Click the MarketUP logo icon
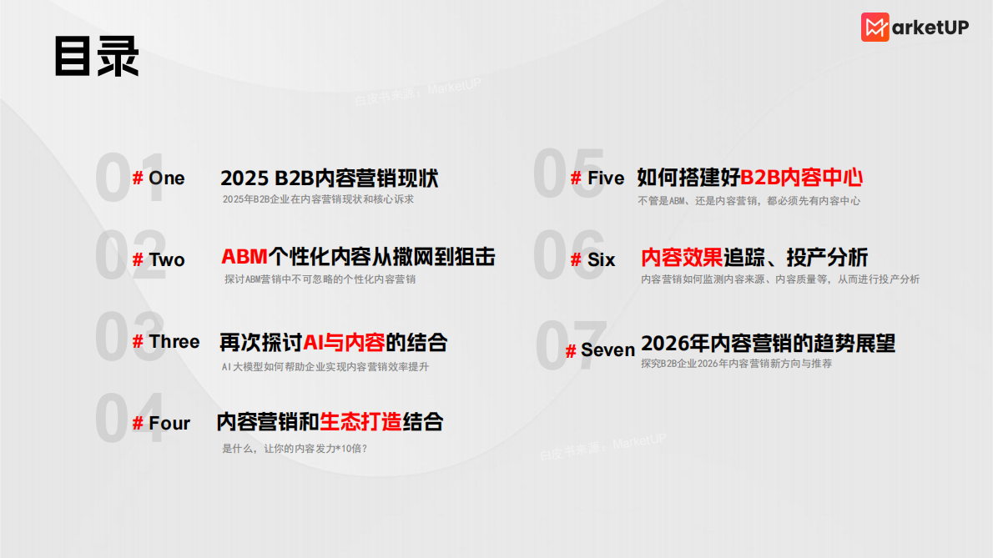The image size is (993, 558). [x=875, y=28]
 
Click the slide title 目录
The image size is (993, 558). [x=96, y=57]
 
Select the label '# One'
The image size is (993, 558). [x=159, y=178]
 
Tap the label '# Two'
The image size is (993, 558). [x=159, y=260]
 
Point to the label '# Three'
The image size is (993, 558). [x=166, y=342]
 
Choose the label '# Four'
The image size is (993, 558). [x=161, y=424]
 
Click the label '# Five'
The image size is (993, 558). [x=597, y=178]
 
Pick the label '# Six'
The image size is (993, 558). [x=592, y=260]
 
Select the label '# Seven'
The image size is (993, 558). [x=600, y=350]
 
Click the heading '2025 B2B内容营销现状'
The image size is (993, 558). [x=329, y=178]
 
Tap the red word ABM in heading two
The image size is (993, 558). [x=244, y=257]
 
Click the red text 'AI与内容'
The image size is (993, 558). [x=344, y=342]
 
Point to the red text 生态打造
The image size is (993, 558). [x=361, y=422]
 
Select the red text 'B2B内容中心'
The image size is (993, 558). [x=801, y=177]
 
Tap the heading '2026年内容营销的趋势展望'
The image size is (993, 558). [x=768, y=344]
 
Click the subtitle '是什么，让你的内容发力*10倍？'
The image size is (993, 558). [x=295, y=449]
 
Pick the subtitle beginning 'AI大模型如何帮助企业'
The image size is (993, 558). [x=325, y=367]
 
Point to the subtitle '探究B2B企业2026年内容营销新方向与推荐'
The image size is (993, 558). [x=736, y=364]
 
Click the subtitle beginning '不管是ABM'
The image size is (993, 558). [x=749, y=201]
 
